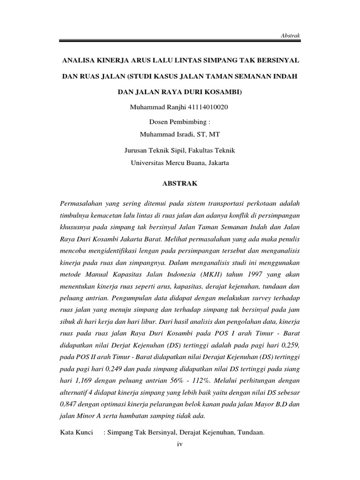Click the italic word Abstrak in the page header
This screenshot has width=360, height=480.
click(290, 35)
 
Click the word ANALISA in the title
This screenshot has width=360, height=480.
click(81, 61)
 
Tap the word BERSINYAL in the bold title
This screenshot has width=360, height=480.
click(275, 61)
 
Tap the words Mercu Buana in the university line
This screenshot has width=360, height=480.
click(182, 163)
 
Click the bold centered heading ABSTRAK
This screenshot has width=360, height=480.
click(180, 184)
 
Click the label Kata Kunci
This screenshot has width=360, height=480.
click(77, 433)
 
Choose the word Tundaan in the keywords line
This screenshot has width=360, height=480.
click(249, 433)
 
